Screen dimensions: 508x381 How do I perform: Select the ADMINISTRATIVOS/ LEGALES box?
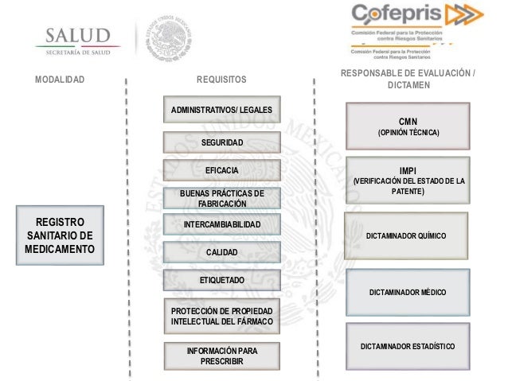[222, 110]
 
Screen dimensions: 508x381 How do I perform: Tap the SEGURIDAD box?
[222, 142]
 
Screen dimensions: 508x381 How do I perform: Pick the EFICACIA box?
[222, 170]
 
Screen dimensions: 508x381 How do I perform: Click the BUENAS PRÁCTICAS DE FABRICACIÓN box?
[222, 198]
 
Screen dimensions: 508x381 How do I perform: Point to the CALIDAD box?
[222, 252]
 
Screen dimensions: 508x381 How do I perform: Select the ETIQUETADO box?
[222, 280]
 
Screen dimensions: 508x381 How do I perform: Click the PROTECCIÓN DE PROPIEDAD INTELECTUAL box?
[222, 315]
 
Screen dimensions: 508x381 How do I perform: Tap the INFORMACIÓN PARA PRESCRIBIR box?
[222, 355]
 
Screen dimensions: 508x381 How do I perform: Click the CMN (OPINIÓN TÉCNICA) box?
[407, 126]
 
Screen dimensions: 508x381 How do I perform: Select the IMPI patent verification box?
[407, 181]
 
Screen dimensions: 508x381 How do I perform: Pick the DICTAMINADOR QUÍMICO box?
[407, 236]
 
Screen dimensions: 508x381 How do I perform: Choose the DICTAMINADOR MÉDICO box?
[407, 292]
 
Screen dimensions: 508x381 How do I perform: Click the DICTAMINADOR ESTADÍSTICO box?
[407, 346]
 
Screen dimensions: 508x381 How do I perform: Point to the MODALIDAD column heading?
[60, 80]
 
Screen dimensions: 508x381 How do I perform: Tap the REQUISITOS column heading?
[222, 80]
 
